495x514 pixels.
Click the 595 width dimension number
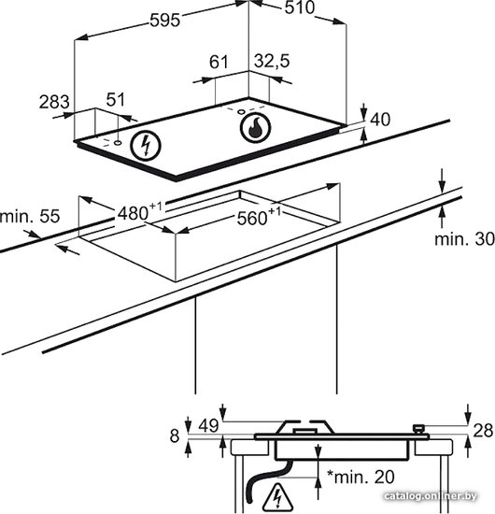(164, 21)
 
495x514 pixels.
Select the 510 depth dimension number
(300, 7)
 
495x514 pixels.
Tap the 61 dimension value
(219, 62)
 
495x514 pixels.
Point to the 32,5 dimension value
(272, 61)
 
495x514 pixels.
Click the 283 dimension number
(54, 102)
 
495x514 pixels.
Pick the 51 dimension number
(116, 100)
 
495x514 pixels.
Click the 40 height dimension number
(380, 120)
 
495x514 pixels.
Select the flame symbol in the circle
(255, 128)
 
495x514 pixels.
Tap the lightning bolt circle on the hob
(146, 146)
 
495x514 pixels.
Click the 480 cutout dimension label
(139, 212)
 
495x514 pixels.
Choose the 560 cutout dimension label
(259, 217)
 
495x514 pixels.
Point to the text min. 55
(30, 217)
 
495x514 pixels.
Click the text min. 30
(464, 239)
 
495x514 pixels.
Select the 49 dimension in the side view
(208, 425)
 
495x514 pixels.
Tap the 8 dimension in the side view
(175, 436)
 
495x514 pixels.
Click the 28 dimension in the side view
(483, 430)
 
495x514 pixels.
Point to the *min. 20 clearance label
(361, 478)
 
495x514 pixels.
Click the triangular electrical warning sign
(278, 496)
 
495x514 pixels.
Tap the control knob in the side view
(418, 429)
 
